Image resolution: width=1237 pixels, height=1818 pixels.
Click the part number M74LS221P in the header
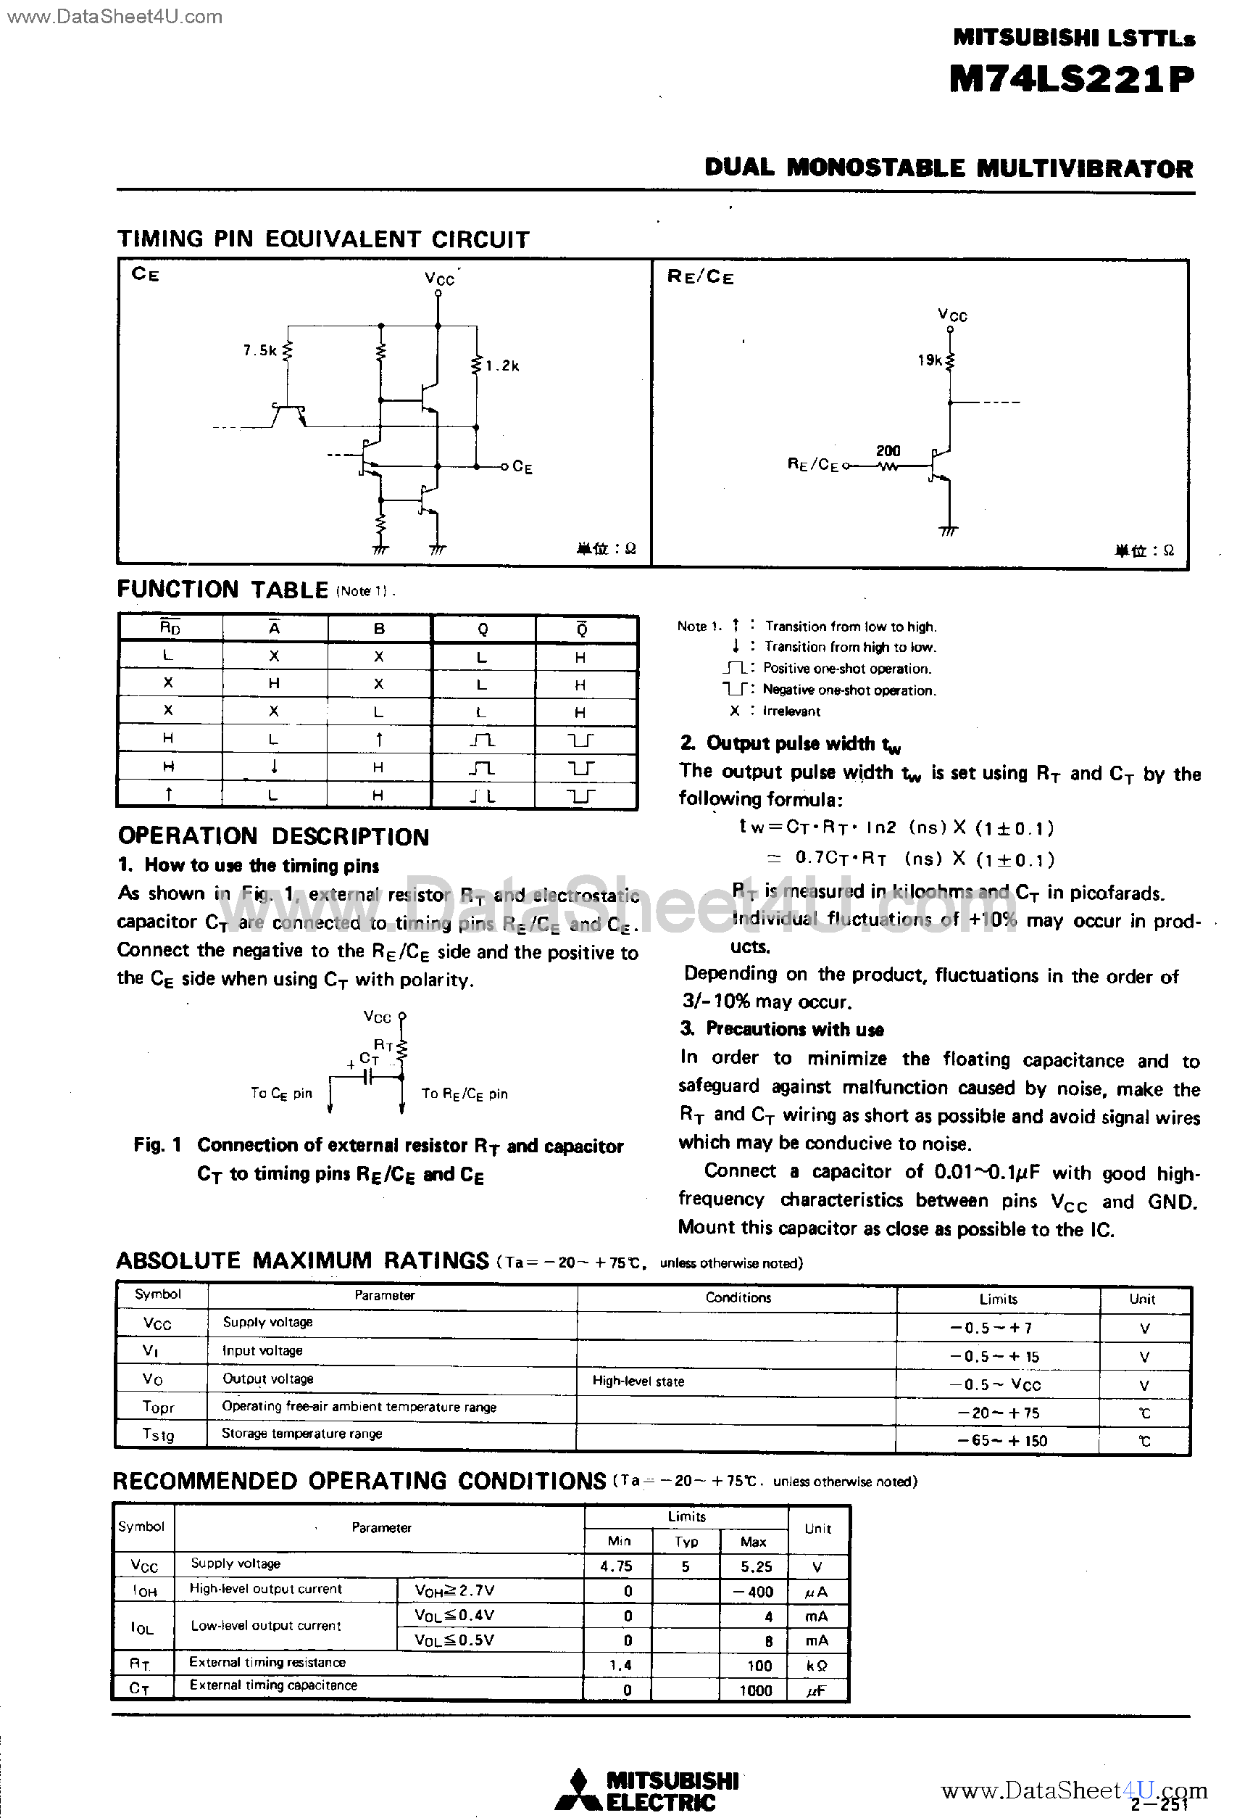(1071, 79)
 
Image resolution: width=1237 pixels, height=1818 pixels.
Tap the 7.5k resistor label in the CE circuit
(259, 350)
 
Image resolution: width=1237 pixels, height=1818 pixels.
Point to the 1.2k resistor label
(503, 365)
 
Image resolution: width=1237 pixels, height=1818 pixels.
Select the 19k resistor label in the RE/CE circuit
(930, 360)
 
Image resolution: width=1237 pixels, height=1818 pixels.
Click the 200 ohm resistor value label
(888, 450)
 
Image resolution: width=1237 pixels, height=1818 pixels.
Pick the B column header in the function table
(379, 629)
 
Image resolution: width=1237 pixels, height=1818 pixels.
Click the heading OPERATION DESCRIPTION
(273, 836)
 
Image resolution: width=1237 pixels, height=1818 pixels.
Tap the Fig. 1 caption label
(157, 1145)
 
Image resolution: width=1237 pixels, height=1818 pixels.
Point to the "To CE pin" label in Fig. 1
(280, 1094)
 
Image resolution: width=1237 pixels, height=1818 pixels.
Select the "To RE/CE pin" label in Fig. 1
(465, 1094)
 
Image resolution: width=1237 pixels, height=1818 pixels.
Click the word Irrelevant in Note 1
(791, 711)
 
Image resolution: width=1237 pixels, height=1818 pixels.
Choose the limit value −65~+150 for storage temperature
(1001, 1440)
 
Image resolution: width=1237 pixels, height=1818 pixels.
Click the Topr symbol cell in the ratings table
(159, 1408)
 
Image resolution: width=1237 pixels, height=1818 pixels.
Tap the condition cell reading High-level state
(638, 1381)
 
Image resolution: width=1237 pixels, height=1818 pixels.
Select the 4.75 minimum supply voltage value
(616, 1566)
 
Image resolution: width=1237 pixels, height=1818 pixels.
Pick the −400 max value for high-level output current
(754, 1591)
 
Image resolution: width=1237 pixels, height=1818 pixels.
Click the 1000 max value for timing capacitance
(755, 1690)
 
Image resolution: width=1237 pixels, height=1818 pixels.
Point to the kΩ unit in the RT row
(816, 1666)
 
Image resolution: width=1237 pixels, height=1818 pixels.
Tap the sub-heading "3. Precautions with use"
(782, 1029)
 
